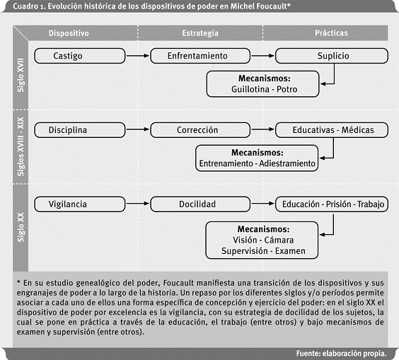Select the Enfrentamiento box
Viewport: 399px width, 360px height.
tap(197, 56)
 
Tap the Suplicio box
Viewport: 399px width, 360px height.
tap(332, 56)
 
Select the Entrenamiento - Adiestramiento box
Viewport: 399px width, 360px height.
tap(257, 158)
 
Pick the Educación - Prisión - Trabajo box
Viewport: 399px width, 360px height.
tap(332, 204)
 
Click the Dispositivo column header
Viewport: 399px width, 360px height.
tap(69, 33)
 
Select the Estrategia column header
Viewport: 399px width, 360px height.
tap(200, 33)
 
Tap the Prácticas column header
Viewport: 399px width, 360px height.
tap(333, 33)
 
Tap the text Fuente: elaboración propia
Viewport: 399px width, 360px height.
tap(340, 352)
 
